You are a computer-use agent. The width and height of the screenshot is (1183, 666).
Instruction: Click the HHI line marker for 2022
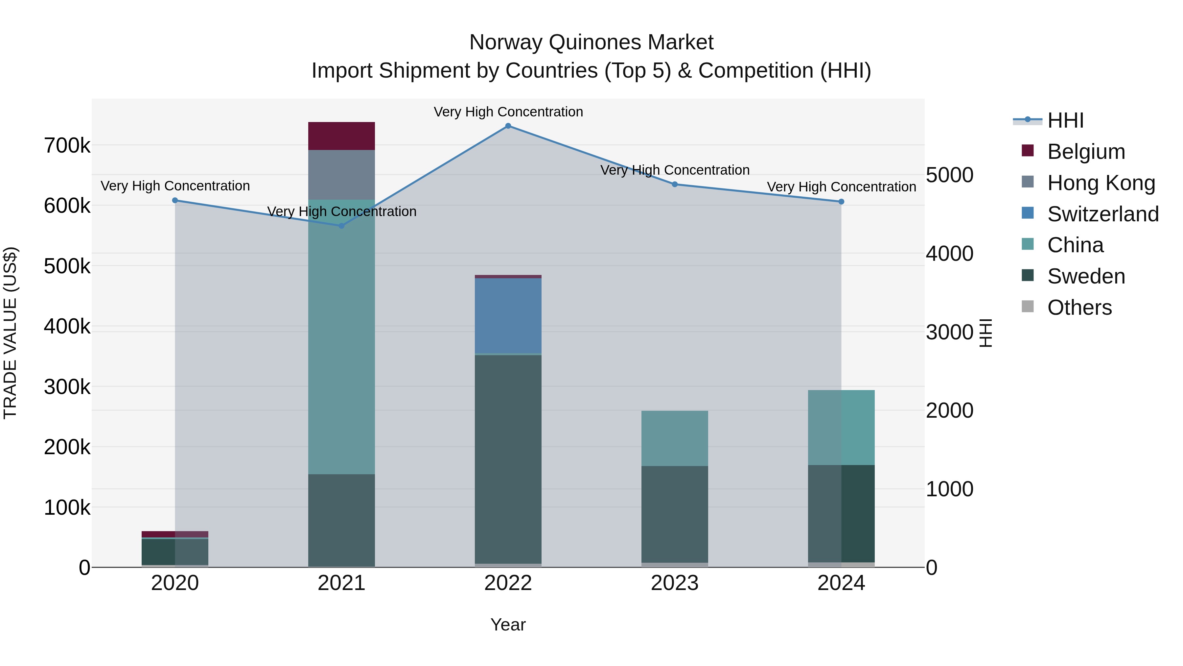click(508, 126)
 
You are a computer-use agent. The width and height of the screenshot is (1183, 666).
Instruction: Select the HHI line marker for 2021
click(341, 226)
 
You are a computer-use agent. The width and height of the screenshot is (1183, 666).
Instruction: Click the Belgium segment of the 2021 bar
click(341, 136)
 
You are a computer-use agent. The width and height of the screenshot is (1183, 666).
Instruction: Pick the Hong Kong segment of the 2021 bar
click(341, 175)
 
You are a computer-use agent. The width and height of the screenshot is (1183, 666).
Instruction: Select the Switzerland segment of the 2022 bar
click(508, 316)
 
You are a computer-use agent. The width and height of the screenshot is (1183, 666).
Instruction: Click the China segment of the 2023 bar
click(675, 438)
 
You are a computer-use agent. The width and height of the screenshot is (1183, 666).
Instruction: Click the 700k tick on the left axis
click(67, 146)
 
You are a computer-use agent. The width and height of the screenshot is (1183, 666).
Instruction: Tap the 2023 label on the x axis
click(675, 583)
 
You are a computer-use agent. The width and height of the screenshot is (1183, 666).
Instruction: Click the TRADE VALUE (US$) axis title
click(10, 333)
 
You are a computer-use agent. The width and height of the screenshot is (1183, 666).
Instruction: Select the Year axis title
click(508, 625)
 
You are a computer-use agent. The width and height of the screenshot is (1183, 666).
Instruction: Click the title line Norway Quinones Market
click(591, 42)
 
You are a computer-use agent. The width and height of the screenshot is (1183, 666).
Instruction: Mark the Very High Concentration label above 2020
click(175, 186)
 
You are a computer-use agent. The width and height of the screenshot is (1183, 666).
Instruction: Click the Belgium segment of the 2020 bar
click(175, 534)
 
